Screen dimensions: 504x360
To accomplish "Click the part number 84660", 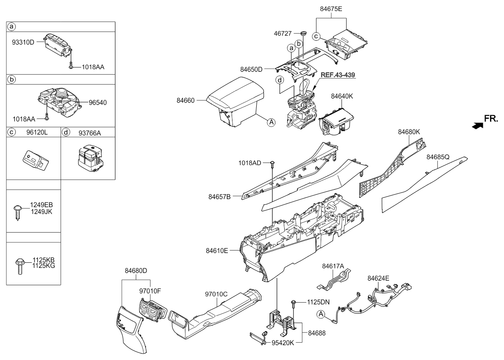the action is pos(185,101).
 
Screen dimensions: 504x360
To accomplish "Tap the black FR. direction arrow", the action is pos(477,126).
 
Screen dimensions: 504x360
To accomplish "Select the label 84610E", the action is pos(217,250).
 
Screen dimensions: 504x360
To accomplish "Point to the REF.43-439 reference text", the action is pos(338,75).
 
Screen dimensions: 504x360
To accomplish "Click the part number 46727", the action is pos(283,34).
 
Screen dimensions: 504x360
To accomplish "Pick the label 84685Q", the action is pos(438,157).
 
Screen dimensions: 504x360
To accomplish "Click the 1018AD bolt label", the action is pos(250,163).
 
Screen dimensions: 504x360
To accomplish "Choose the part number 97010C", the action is pos(216,294).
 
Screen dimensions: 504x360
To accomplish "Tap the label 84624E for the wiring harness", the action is pos(378,278).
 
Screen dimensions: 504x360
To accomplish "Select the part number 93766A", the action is pos(90,133).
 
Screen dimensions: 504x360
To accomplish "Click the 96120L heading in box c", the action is pos(37,132).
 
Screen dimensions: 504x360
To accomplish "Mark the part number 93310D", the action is pos(23,42).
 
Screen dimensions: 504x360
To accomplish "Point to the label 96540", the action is pos(98,103).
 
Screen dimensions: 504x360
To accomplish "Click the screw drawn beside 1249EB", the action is pos(17,211).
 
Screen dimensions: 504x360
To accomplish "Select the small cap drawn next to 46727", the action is pos(303,33).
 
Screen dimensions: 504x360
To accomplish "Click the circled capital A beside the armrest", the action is pos(272,122).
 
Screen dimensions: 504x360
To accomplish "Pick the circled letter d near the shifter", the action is pos(280,80).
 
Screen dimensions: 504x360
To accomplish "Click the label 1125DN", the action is pos(318,302).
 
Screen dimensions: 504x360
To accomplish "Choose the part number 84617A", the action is pos(333,266).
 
